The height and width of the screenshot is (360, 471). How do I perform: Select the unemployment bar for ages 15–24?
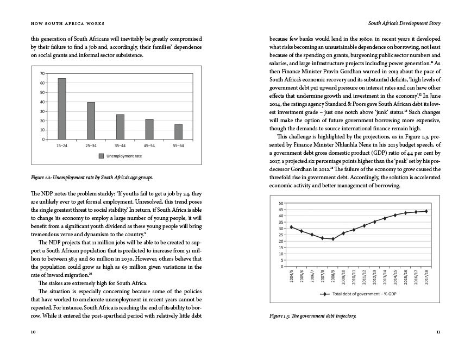pos(62,109)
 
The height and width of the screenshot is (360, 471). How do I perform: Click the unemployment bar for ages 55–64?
pos(178,132)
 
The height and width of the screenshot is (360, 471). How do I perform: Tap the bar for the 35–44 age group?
pos(120,127)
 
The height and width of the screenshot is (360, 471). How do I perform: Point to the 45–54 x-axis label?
pos(149,146)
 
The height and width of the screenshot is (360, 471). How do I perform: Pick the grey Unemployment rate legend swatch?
pos(101,156)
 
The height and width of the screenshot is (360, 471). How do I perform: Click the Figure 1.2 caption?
pos(92,178)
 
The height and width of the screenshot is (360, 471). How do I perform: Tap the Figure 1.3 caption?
pos(312,315)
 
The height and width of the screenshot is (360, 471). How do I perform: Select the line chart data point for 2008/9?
pos(333,239)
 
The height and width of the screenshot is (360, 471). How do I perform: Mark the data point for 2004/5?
pos(291,227)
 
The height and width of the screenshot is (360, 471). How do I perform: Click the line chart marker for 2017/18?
pos(426,211)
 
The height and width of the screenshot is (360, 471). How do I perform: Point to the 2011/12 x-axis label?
pos(364,276)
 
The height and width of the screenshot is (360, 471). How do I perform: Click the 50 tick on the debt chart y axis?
pos(281,204)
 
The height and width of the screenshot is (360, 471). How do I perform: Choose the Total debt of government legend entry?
pos(359,294)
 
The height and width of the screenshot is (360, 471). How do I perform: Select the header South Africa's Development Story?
pos(404,23)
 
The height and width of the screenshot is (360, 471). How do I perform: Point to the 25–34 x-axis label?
pos(91,146)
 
